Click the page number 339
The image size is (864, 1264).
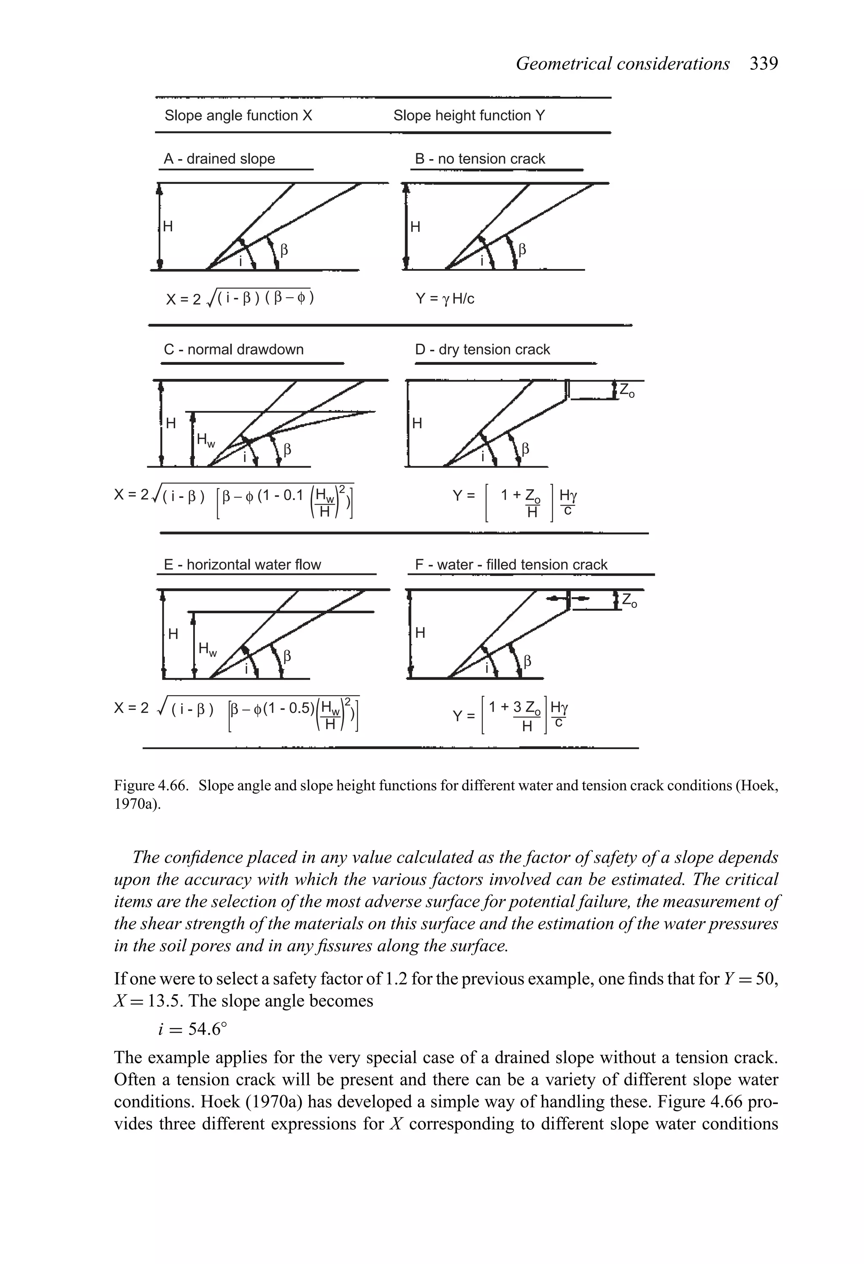pos(764,64)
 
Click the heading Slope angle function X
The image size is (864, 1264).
pos(238,115)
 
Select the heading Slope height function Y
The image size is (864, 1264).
pos(468,115)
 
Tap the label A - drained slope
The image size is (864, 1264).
pos(219,159)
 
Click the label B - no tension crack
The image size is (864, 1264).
pos(480,159)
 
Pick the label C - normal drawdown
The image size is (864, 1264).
pos(234,349)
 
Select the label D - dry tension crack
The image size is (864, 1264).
pos(482,349)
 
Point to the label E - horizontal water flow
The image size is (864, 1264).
pos(242,565)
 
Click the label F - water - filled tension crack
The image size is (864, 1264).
pos(511,565)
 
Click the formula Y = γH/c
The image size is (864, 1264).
pos(445,299)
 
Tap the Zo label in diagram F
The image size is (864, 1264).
pos(629,601)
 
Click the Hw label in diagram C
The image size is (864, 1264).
pos(206,440)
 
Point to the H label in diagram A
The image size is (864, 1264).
pos(168,226)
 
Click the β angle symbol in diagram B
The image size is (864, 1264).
pos(522,250)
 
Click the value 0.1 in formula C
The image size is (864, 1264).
pos(292,495)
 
